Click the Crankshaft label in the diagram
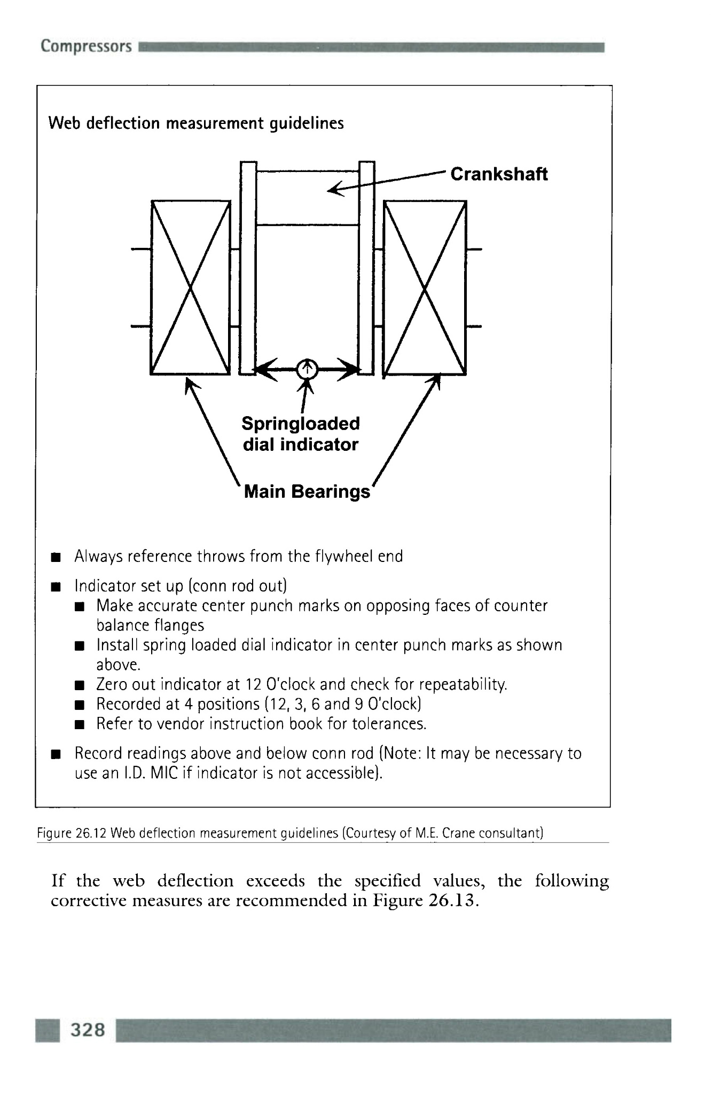[499, 174]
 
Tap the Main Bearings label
[307, 491]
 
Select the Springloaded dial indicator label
[301, 434]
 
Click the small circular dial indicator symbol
[307, 368]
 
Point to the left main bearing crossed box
[191, 288]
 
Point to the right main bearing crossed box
[425, 288]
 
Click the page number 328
[88, 1029]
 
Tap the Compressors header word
[86, 46]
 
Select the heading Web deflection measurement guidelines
[196, 123]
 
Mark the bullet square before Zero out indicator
[79, 685]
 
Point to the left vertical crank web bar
[248, 267]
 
